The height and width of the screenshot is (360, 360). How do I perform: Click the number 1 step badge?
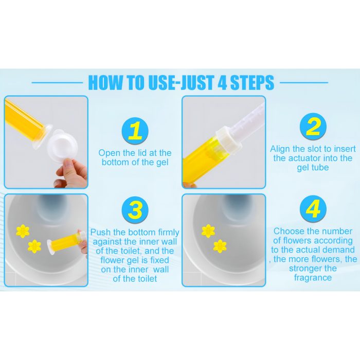(x=135, y=131)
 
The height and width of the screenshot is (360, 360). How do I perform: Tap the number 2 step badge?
(x=313, y=127)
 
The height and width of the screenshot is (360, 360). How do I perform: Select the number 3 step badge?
(x=135, y=210)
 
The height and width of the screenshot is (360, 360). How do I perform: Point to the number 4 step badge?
(x=313, y=209)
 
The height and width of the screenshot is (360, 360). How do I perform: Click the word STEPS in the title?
(x=252, y=82)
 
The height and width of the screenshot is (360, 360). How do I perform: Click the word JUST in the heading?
(x=197, y=82)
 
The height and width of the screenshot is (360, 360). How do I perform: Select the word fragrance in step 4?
(x=313, y=278)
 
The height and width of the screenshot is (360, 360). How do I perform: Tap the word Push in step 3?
(x=100, y=232)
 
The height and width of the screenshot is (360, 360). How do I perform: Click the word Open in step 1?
(x=110, y=153)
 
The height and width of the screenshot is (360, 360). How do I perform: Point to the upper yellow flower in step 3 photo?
(x=23, y=231)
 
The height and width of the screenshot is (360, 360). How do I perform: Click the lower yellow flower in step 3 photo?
(x=34, y=246)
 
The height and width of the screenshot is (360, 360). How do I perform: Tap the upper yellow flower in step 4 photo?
(x=208, y=231)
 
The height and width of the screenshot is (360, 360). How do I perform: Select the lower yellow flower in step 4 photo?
(x=220, y=246)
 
